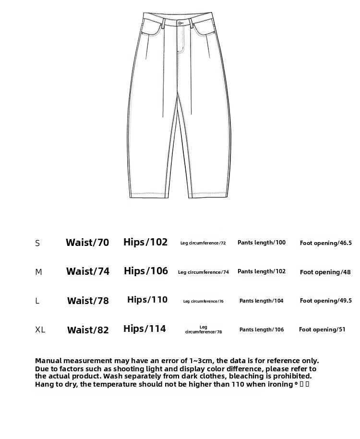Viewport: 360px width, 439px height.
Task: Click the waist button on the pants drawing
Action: point(180,23)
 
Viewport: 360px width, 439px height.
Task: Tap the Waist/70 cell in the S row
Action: point(87,243)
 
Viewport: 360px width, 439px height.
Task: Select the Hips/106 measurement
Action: point(146,271)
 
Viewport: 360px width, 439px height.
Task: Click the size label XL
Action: point(40,329)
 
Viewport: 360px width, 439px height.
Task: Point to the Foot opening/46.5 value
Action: point(325,243)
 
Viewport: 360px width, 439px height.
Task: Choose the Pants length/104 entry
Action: point(261,301)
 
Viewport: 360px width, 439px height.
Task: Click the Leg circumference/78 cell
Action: point(204,329)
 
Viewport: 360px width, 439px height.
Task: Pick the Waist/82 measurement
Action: point(88,330)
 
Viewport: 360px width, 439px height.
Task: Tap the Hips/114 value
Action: point(144,329)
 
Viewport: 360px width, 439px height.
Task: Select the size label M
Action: point(38,272)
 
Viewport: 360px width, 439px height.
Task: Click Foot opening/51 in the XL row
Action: point(322,329)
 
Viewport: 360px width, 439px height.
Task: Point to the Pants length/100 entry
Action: point(261,243)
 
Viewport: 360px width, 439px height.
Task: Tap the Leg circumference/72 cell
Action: point(203,243)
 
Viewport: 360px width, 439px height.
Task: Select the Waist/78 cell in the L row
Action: point(88,301)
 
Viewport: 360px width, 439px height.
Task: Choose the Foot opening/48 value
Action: point(325,272)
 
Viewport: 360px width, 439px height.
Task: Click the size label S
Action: point(37,243)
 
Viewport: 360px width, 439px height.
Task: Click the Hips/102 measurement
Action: point(145,242)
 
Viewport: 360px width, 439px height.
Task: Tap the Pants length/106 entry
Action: point(262,329)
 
